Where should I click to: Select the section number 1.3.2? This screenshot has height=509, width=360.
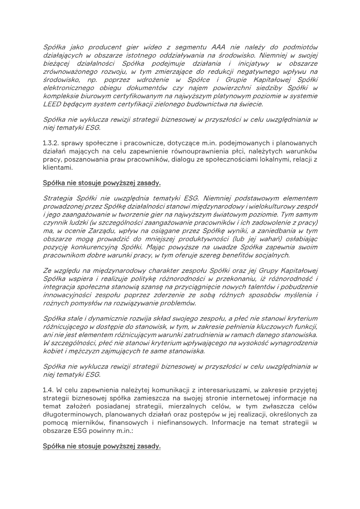[x=53, y=143]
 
